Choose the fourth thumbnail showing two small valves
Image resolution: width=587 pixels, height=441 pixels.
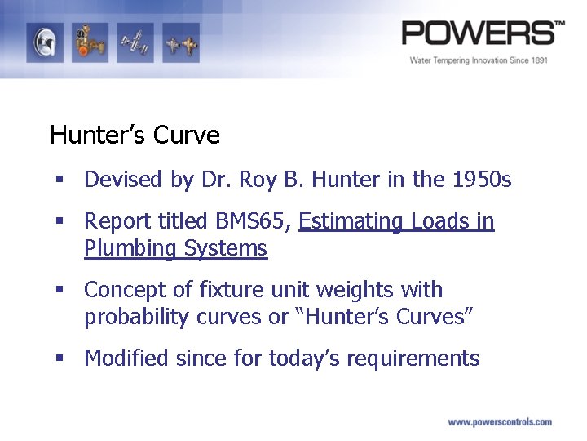click(x=180, y=43)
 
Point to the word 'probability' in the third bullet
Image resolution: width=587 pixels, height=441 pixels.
click(x=137, y=317)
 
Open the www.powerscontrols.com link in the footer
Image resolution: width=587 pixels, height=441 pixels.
click(x=500, y=422)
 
